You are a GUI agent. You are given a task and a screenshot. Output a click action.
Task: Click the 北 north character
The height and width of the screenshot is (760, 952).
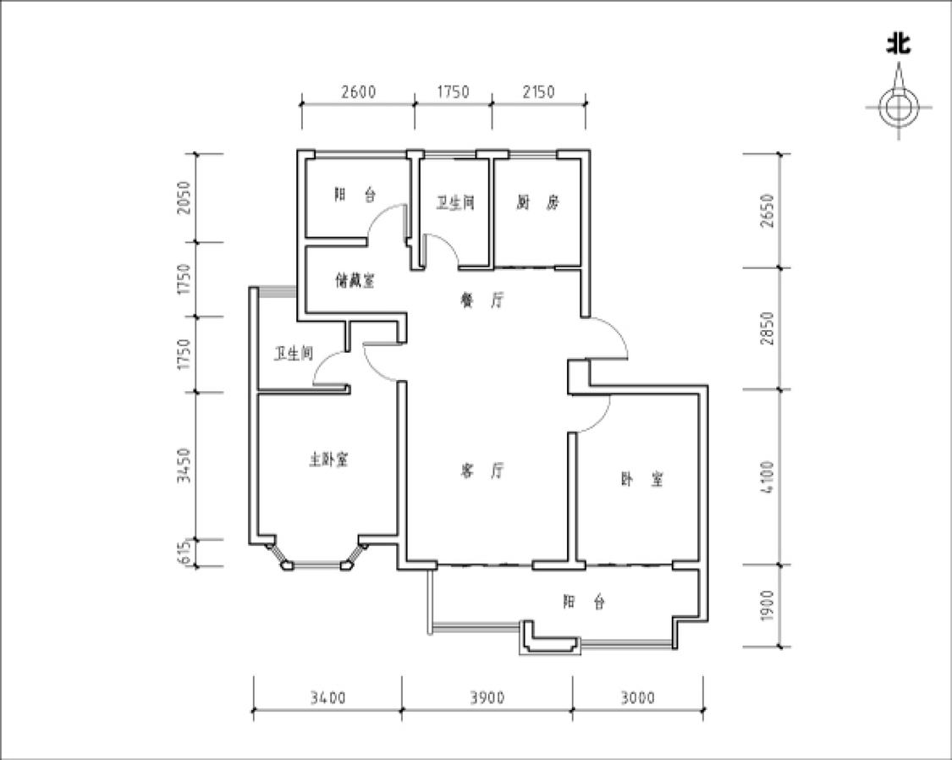click(899, 44)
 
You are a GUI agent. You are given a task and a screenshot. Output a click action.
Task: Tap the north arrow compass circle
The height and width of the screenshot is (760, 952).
click(899, 107)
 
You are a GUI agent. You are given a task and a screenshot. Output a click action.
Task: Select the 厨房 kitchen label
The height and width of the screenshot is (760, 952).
click(537, 203)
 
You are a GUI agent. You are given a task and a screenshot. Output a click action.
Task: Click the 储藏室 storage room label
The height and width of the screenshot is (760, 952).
click(355, 281)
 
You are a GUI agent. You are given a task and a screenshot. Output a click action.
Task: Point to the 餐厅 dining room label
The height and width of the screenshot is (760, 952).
click(482, 300)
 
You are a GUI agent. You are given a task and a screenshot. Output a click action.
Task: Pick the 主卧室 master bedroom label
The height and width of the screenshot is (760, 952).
click(329, 460)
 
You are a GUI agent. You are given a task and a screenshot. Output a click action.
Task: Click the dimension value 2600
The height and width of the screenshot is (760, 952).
click(358, 91)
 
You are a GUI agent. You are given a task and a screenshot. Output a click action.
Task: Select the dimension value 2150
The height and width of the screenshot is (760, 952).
click(538, 91)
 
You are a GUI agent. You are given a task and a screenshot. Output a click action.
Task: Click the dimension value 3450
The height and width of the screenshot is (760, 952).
click(184, 465)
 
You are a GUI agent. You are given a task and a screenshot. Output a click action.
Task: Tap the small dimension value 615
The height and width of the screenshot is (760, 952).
click(184, 553)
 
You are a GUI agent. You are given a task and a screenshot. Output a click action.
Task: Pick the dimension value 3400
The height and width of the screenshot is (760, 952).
click(327, 698)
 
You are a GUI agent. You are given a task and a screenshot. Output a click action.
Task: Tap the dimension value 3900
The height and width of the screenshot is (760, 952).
click(487, 698)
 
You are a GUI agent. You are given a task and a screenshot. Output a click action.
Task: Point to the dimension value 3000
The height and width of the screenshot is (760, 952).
click(637, 698)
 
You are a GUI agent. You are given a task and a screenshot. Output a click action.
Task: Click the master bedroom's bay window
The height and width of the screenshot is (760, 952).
click(316, 565)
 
